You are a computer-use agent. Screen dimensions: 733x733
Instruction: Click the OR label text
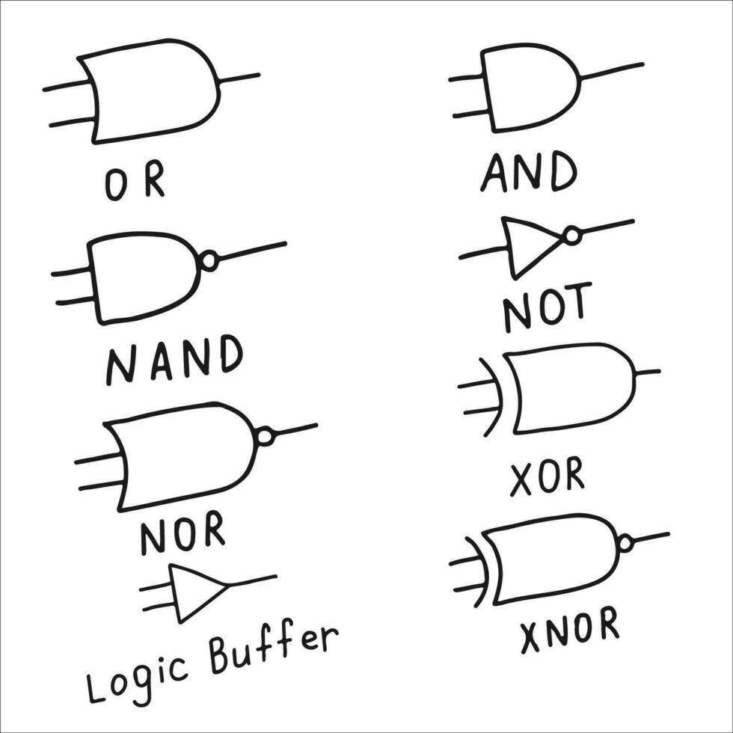point(135,183)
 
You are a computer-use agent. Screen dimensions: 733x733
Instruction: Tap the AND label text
point(528,171)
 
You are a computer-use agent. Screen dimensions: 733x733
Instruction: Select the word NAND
point(174,361)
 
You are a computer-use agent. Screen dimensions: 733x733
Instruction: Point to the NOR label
point(183,534)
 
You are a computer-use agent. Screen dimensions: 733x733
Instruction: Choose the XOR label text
point(547,476)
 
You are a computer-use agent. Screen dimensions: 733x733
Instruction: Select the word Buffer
point(273,648)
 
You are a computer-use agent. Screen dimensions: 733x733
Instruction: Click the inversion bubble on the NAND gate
point(209,261)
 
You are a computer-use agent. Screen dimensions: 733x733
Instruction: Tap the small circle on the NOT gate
point(572,236)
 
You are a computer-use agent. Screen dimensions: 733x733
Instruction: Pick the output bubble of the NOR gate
point(266,436)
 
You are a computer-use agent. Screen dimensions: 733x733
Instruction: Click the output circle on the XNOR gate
point(625,543)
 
